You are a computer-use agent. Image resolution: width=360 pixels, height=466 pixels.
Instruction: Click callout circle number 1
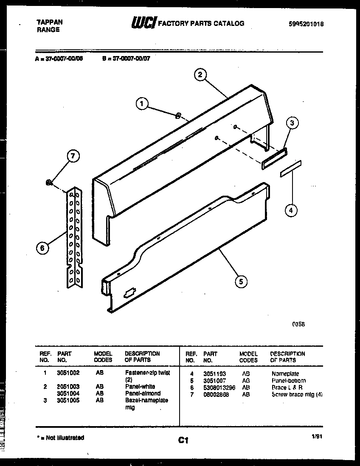point(143,103)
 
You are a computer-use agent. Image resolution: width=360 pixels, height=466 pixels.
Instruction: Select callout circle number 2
point(200,75)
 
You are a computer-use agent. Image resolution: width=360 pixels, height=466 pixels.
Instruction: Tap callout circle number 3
point(291,124)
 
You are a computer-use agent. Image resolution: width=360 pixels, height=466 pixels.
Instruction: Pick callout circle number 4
point(291,210)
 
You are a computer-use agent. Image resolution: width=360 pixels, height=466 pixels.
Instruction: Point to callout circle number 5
point(241,281)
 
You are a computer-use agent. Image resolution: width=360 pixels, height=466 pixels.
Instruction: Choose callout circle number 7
point(73,156)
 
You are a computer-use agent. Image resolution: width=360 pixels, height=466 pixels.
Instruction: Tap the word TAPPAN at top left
point(45,23)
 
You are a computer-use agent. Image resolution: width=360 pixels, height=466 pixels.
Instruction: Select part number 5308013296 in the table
point(219,388)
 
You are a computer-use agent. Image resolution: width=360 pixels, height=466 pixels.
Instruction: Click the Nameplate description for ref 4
point(285,374)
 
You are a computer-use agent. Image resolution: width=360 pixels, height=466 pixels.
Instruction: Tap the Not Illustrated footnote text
point(59,438)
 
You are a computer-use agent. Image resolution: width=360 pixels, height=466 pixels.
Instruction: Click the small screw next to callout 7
point(49,182)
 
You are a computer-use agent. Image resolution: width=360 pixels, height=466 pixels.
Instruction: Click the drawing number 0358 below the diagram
point(298,324)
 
